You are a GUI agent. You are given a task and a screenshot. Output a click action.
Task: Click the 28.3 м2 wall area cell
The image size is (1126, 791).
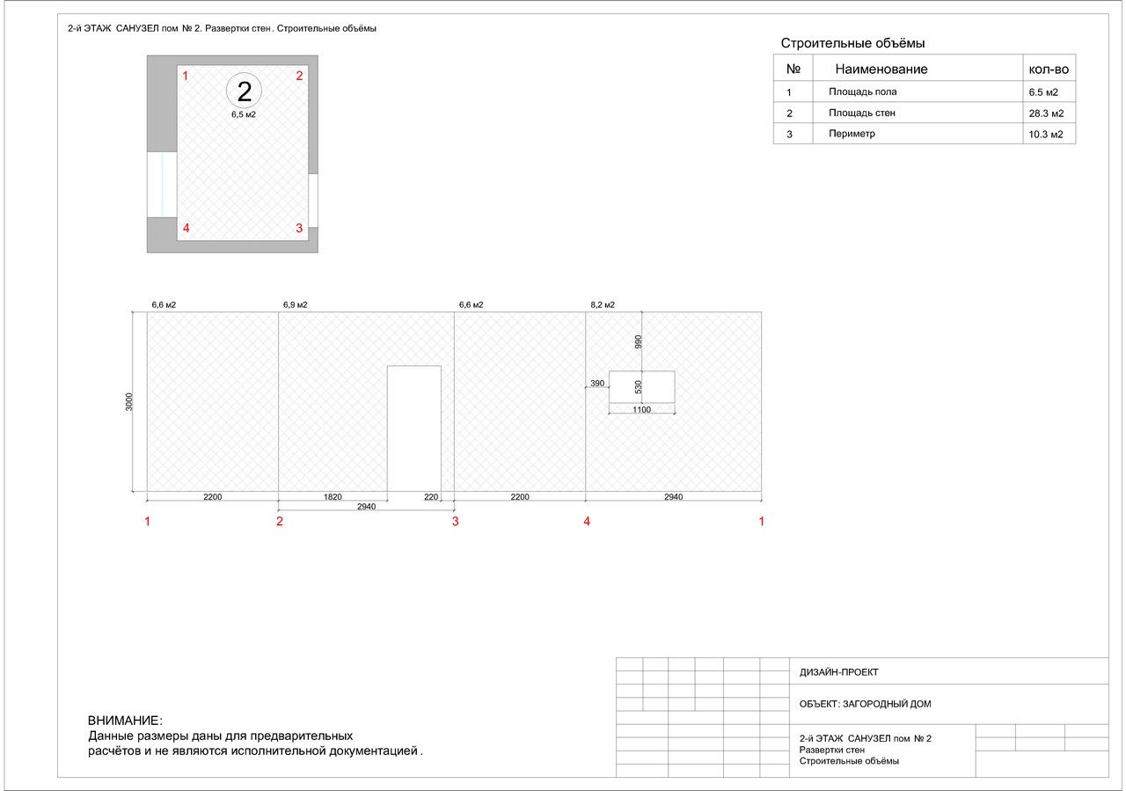[1046, 114]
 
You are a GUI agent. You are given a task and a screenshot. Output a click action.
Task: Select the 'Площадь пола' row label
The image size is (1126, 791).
[863, 92]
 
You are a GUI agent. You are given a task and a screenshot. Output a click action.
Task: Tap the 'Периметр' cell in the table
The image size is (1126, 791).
[852, 134]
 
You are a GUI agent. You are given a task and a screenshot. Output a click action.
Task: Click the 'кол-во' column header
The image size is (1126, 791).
[1049, 70]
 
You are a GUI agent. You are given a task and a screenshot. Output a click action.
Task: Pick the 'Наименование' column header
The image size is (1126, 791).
[881, 70]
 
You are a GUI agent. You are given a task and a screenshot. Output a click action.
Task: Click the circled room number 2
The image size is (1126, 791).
[244, 91]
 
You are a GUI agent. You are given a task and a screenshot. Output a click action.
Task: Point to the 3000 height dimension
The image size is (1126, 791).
[129, 402]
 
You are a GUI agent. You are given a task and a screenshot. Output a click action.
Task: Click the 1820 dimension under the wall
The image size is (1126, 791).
[333, 497]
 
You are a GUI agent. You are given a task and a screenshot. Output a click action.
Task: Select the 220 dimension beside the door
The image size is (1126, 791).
[431, 497]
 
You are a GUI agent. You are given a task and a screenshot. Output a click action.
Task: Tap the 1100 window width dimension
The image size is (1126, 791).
[641, 410]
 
